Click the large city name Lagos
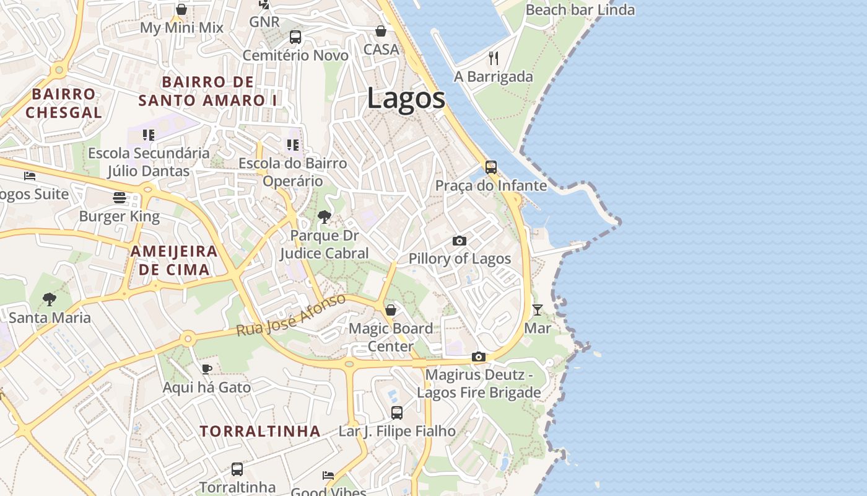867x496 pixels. coord(406,99)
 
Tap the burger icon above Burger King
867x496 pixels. coord(120,198)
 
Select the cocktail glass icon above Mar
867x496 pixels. coord(538,309)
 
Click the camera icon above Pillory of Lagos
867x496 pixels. coord(459,241)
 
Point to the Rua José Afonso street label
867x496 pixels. coord(291,316)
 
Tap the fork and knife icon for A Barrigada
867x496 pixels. coord(494,58)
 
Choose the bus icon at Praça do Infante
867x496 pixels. coord(491,167)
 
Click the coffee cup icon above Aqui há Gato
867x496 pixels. coord(207,370)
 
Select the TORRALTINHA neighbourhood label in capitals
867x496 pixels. coord(260,432)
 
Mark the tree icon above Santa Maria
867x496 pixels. coord(50,299)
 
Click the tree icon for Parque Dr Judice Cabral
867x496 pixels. coord(324,217)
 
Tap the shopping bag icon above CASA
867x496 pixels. coord(381,31)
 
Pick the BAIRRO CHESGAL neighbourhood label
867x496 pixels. coord(64,104)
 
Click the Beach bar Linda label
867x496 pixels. coord(580,10)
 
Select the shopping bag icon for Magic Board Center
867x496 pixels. coord(391,310)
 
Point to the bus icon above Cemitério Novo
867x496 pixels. coord(295,37)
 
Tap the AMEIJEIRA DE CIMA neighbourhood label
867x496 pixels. coord(174,260)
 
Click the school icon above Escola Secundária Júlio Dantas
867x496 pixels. coord(148,135)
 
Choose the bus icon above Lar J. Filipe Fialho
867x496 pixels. coord(397,412)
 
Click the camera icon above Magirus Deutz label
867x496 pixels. coord(478,357)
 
